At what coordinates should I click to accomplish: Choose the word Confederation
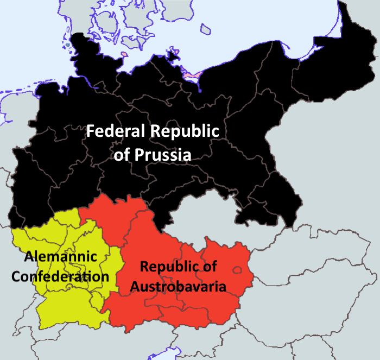click(60, 276)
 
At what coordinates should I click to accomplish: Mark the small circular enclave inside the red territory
click(237, 270)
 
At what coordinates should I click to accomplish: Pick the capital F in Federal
click(91, 131)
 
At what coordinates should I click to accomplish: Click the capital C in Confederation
click(16, 276)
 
